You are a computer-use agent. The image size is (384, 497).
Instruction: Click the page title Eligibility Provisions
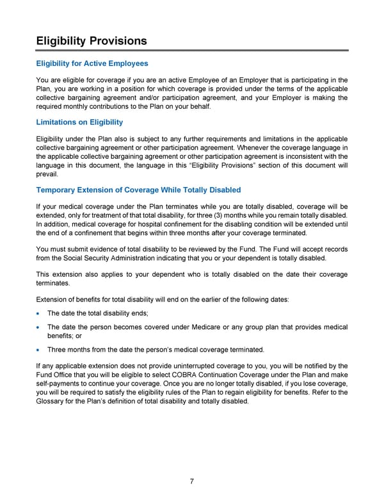92,41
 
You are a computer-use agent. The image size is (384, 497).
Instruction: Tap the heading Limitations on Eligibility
79,122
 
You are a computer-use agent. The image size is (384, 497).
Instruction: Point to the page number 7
192,482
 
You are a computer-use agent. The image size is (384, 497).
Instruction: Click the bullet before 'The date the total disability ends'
40,313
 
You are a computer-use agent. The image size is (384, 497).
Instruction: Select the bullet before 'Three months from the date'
40,350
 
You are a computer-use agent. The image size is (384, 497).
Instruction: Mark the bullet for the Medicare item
40,327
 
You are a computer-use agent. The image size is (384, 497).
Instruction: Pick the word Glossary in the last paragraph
52,402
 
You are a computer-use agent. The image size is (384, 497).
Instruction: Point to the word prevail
47,174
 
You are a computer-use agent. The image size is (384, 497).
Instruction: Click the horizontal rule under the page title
192,50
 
